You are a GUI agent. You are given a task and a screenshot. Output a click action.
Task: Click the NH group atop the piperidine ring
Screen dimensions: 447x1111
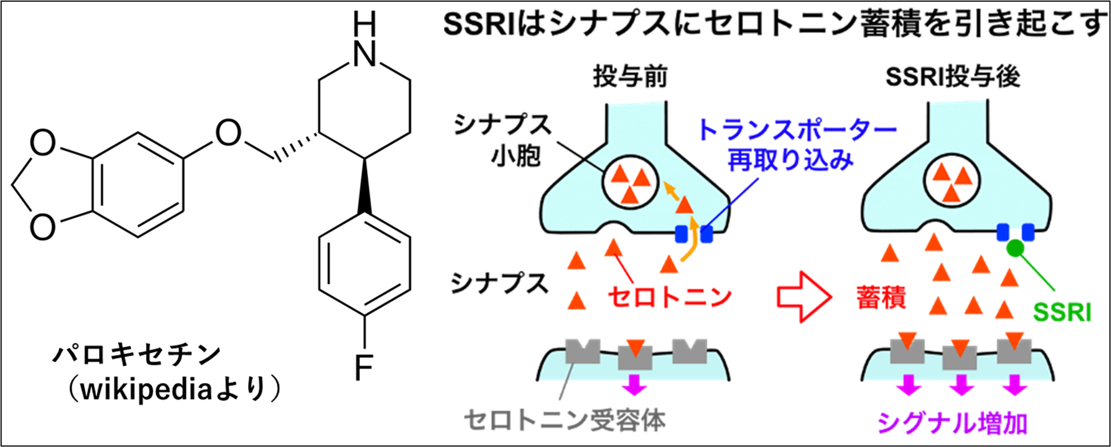click(364, 42)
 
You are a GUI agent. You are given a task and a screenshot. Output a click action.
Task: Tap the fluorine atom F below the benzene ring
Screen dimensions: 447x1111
click(364, 367)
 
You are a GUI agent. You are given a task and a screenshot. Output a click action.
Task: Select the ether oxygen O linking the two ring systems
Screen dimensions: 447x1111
click(228, 133)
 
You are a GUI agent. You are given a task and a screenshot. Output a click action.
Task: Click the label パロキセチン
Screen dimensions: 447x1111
click(137, 355)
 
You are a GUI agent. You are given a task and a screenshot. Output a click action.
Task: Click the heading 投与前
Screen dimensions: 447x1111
click(630, 77)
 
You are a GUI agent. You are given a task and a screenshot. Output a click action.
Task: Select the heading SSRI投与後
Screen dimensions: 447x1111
click(953, 77)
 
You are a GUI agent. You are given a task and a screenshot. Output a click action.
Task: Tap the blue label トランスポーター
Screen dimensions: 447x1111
click(797, 130)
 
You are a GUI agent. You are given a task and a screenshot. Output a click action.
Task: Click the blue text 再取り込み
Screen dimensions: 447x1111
click(790, 160)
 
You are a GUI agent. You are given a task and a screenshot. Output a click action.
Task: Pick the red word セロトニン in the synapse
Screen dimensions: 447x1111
click(670, 297)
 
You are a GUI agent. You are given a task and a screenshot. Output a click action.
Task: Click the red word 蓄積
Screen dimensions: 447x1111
click(881, 297)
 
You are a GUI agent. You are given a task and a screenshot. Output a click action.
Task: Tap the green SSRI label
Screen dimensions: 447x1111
click(1062, 312)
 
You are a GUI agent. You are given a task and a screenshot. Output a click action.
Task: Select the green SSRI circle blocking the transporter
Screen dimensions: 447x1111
click(1015, 249)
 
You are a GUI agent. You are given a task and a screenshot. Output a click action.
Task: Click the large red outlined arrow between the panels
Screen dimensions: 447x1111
click(804, 297)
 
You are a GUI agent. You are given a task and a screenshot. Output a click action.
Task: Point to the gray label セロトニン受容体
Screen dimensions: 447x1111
click(565, 420)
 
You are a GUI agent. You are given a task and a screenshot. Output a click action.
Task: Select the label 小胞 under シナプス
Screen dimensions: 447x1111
click(515, 156)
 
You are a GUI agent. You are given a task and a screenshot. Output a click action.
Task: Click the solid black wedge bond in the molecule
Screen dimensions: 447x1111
click(364, 186)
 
